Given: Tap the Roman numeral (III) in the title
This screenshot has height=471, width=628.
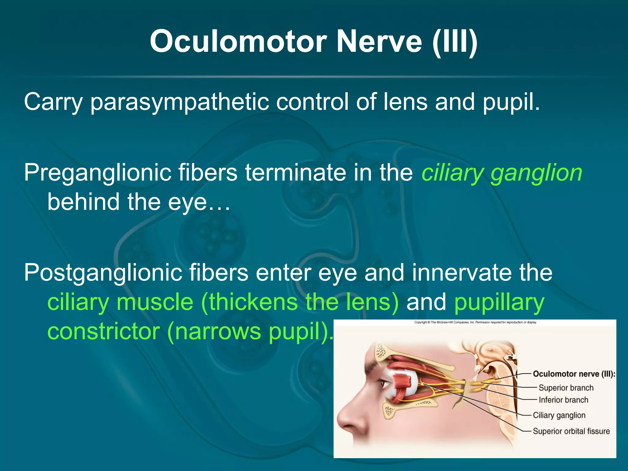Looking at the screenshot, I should click(x=455, y=41).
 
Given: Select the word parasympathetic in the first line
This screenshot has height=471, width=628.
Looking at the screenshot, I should click(x=179, y=102).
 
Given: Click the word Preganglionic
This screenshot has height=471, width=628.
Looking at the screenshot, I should click(x=97, y=173).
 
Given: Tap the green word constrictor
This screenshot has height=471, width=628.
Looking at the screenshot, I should click(x=104, y=331).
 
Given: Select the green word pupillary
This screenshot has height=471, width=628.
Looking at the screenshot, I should click(x=499, y=302).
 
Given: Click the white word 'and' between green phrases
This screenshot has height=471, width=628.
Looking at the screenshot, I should click(x=426, y=302).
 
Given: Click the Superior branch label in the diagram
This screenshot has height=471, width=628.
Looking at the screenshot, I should click(x=566, y=388).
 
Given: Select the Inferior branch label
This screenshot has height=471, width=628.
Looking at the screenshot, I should click(x=563, y=400).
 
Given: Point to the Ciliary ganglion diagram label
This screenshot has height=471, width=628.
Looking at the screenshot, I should click(x=559, y=415).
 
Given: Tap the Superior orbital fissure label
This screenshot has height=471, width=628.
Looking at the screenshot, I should click(x=571, y=431).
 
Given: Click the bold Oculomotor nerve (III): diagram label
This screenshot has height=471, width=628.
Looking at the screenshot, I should click(x=574, y=374).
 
